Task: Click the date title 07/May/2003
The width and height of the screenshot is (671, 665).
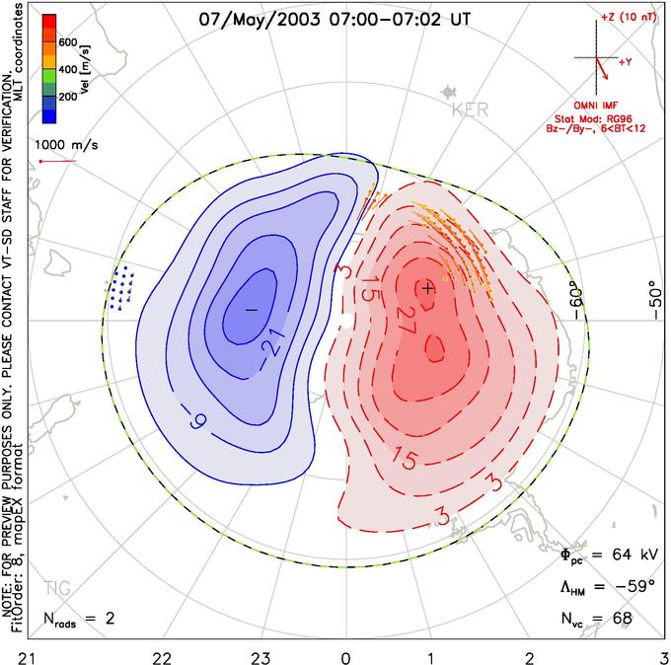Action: (260, 18)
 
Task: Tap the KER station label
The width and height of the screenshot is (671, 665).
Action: (469, 111)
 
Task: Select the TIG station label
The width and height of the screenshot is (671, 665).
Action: (58, 589)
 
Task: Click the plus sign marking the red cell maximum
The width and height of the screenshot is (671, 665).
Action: (427, 288)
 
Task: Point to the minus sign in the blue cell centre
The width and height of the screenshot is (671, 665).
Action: (251, 309)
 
